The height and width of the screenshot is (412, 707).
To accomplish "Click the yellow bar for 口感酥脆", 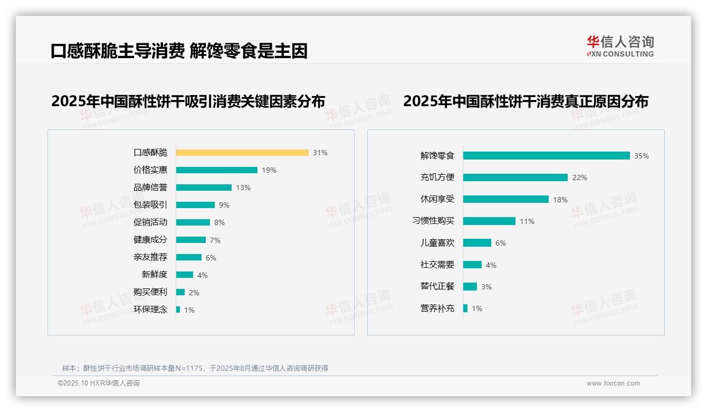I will click(x=242, y=153).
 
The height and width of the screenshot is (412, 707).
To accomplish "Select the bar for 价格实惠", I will click(x=216, y=170).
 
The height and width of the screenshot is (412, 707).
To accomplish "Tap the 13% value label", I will click(x=243, y=188).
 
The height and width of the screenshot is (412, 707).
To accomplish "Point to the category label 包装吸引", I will click(x=150, y=205).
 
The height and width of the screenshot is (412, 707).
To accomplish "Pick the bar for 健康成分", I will click(x=190, y=240).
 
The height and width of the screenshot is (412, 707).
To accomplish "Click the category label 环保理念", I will click(x=150, y=310).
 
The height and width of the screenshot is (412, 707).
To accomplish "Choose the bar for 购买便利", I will click(x=180, y=292).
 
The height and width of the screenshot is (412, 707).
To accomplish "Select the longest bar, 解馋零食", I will click(x=546, y=156).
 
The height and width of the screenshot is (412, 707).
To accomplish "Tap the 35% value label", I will click(x=641, y=156).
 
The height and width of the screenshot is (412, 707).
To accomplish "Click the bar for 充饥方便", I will click(x=515, y=177).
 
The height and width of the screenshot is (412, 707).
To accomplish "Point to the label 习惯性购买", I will click(x=433, y=221).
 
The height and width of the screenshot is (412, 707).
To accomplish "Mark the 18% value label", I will click(x=560, y=200).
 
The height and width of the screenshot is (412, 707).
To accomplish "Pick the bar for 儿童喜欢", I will click(x=477, y=243).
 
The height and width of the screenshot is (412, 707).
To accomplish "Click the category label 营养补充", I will click(x=437, y=308).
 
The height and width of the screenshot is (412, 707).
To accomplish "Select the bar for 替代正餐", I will click(x=470, y=286).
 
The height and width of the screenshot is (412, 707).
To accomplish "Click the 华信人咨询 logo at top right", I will click(x=620, y=46).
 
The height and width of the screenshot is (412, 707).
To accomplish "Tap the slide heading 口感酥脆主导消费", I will click(x=117, y=51).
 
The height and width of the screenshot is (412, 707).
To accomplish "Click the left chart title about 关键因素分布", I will click(x=188, y=101).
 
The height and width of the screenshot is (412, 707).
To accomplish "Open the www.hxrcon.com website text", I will click(x=613, y=383).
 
